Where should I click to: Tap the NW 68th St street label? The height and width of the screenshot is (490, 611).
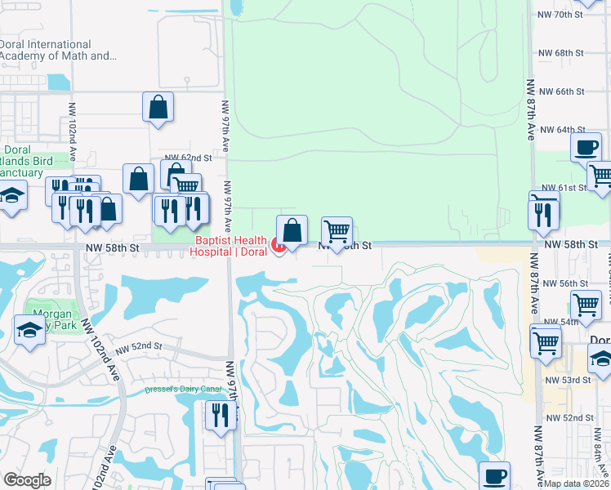coord(560,53)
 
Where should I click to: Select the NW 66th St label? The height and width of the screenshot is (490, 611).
coord(560,91)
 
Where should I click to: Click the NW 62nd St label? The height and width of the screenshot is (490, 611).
coord(188,157)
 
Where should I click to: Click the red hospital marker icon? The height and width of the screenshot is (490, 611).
coord(277,245)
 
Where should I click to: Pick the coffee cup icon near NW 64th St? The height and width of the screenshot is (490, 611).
coord(586,148)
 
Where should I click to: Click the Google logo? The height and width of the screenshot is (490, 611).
coord(27,479)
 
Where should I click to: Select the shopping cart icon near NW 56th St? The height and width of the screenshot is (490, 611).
coord(586,305)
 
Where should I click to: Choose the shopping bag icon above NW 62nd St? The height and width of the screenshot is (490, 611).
coord(158,106)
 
